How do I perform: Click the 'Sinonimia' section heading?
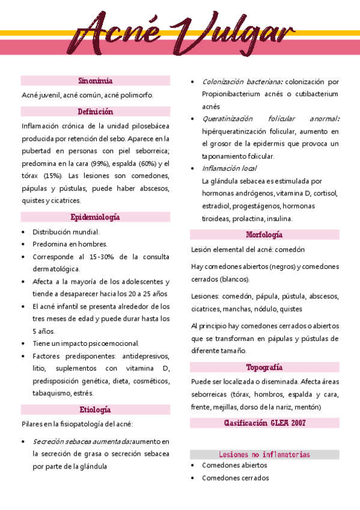[x=96, y=81]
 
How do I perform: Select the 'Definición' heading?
[x=96, y=112]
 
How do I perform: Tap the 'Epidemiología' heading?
[x=96, y=217]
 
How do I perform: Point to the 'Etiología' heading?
[x=96, y=410]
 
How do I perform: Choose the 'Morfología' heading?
[x=264, y=235]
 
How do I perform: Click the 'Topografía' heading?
[x=264, y=367]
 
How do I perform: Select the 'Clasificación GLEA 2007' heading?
[x=264, y=423]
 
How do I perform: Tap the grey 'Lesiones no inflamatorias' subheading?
[x=264, y=454]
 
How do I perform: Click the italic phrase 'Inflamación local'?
[x=229, y=168]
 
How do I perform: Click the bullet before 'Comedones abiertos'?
[x=192, y=465]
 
